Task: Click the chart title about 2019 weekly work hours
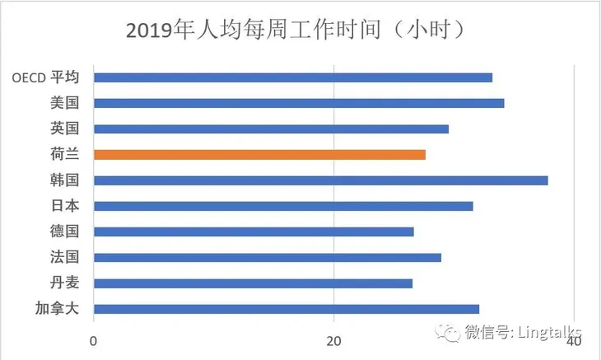point(300,30)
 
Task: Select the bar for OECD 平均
point(292,77)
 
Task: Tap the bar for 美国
point(298,103)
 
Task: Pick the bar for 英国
point(271,129)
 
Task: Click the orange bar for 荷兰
point(259,154)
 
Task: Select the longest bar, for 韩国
point(320,180)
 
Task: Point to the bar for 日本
point(283,206)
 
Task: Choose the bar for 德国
point(254,231)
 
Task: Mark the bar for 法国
point(267,257)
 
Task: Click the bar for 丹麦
point(253,283)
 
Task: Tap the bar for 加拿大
point(286,309)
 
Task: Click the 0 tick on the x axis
point(94,341)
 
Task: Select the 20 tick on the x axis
point(334,341)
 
